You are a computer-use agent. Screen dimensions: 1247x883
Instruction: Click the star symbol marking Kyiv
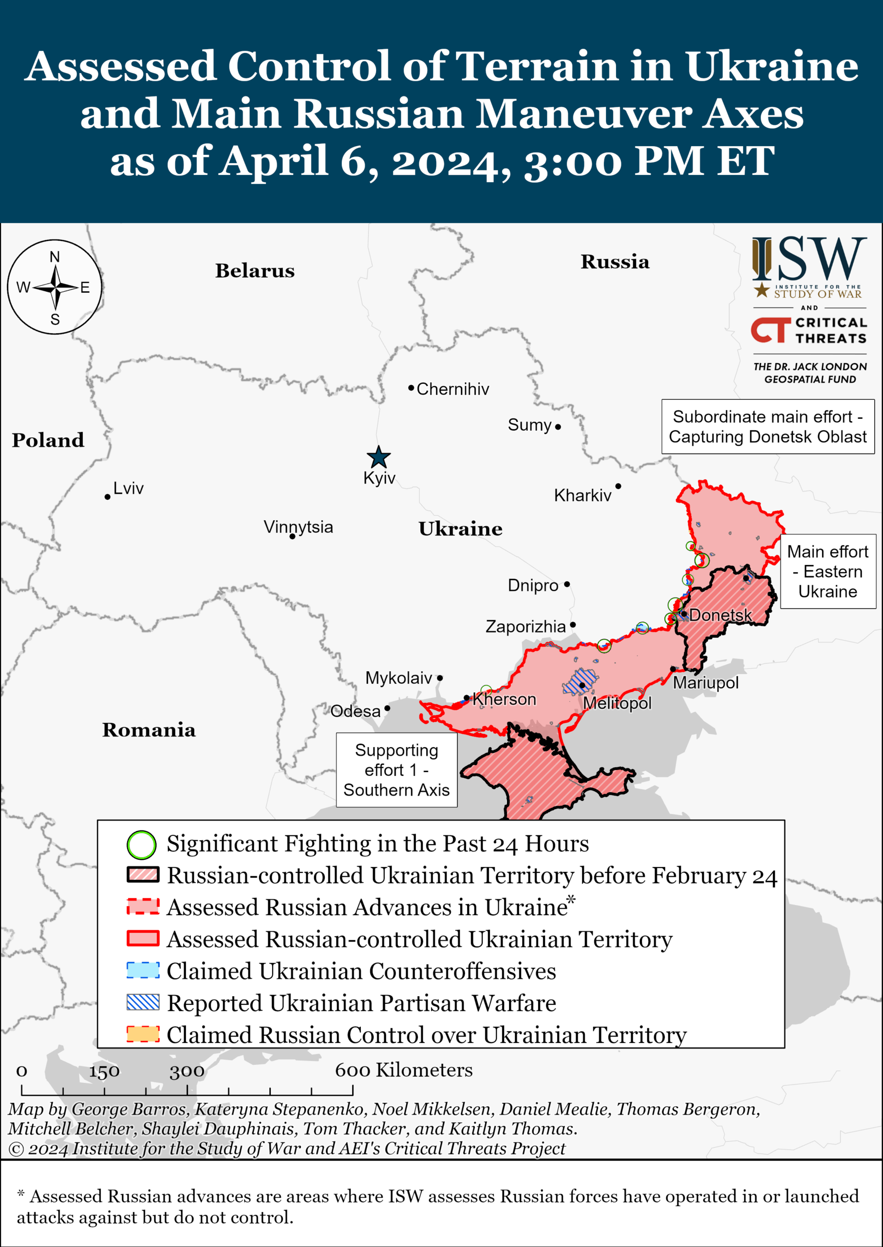[378, 457]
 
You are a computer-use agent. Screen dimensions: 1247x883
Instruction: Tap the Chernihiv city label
[452, 389]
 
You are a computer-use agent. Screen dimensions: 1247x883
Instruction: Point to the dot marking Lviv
[108, 497]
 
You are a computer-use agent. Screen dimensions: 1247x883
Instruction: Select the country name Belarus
[254, 270]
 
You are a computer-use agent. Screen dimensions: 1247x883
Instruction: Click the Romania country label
[149, 730]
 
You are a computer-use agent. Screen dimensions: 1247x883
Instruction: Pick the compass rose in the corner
[55, 287]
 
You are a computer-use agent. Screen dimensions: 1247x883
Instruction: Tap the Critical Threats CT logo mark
[770, 330]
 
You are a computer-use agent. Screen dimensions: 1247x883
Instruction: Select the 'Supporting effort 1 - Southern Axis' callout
[396, 770]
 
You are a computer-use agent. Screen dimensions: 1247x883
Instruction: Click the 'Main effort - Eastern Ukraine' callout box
[827, 571]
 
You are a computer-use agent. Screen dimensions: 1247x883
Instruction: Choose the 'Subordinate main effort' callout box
[767, 427]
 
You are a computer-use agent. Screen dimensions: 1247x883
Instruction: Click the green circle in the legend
[141, 845]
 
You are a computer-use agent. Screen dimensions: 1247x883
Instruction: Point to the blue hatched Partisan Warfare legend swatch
[143, 1002]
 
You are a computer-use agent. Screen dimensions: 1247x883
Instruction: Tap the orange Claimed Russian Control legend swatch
[143, 1034]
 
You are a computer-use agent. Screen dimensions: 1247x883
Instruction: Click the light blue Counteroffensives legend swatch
[143, 971]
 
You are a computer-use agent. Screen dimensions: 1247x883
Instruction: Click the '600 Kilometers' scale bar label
[403, 1070]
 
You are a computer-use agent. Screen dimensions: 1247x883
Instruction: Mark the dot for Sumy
[558, 427]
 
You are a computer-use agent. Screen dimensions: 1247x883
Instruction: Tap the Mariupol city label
[705, 682]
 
